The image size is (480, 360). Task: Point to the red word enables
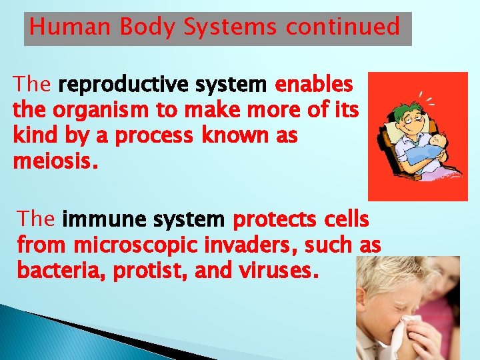314,85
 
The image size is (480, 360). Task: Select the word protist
136,271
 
